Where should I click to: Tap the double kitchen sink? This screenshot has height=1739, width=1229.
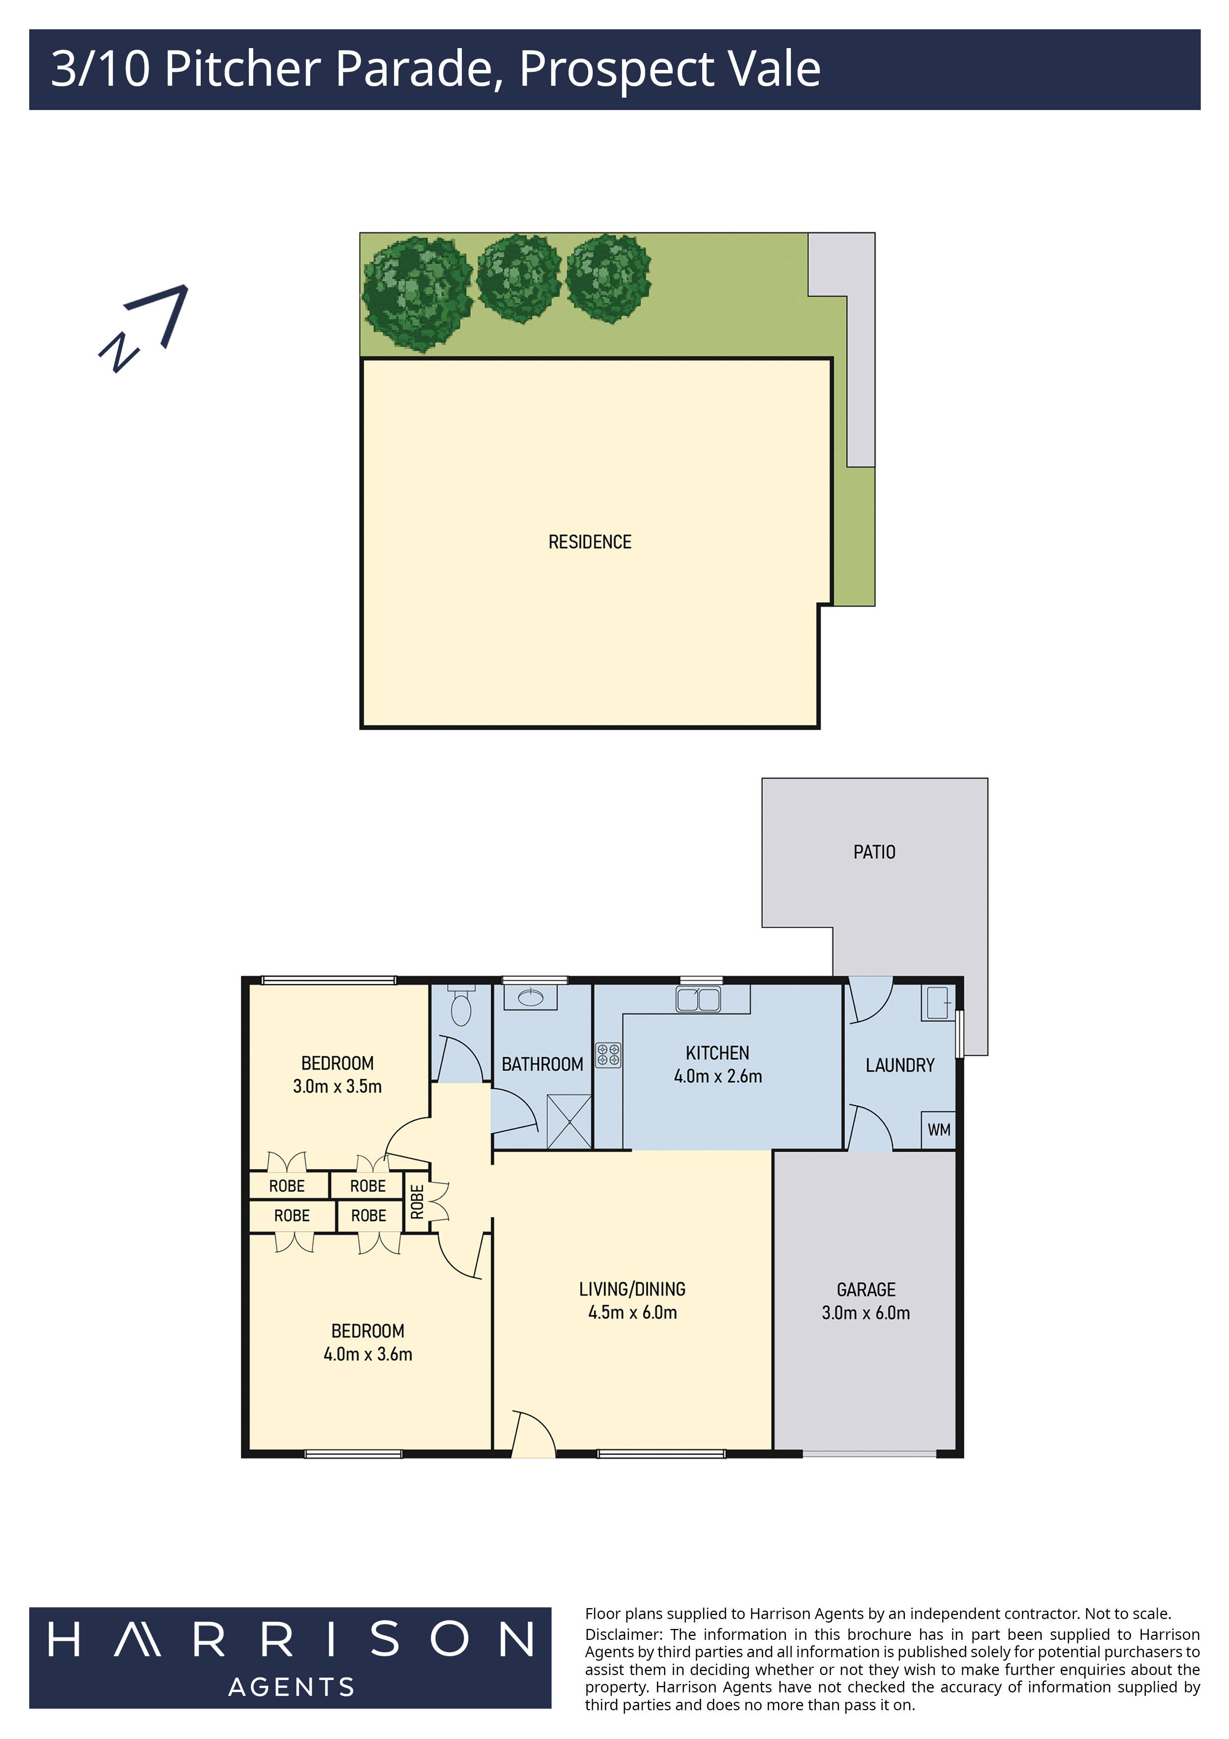point(698,999)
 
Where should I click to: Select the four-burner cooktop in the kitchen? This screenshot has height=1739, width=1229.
point(608,1055)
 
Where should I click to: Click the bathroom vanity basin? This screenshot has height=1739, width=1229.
point(530,997)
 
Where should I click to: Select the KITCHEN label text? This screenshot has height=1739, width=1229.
point(717,1053)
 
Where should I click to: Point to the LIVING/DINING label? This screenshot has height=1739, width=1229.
point(632,1289)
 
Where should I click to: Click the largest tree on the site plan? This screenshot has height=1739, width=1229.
point(416,292)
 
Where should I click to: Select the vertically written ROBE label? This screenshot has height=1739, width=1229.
point(416,1201)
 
